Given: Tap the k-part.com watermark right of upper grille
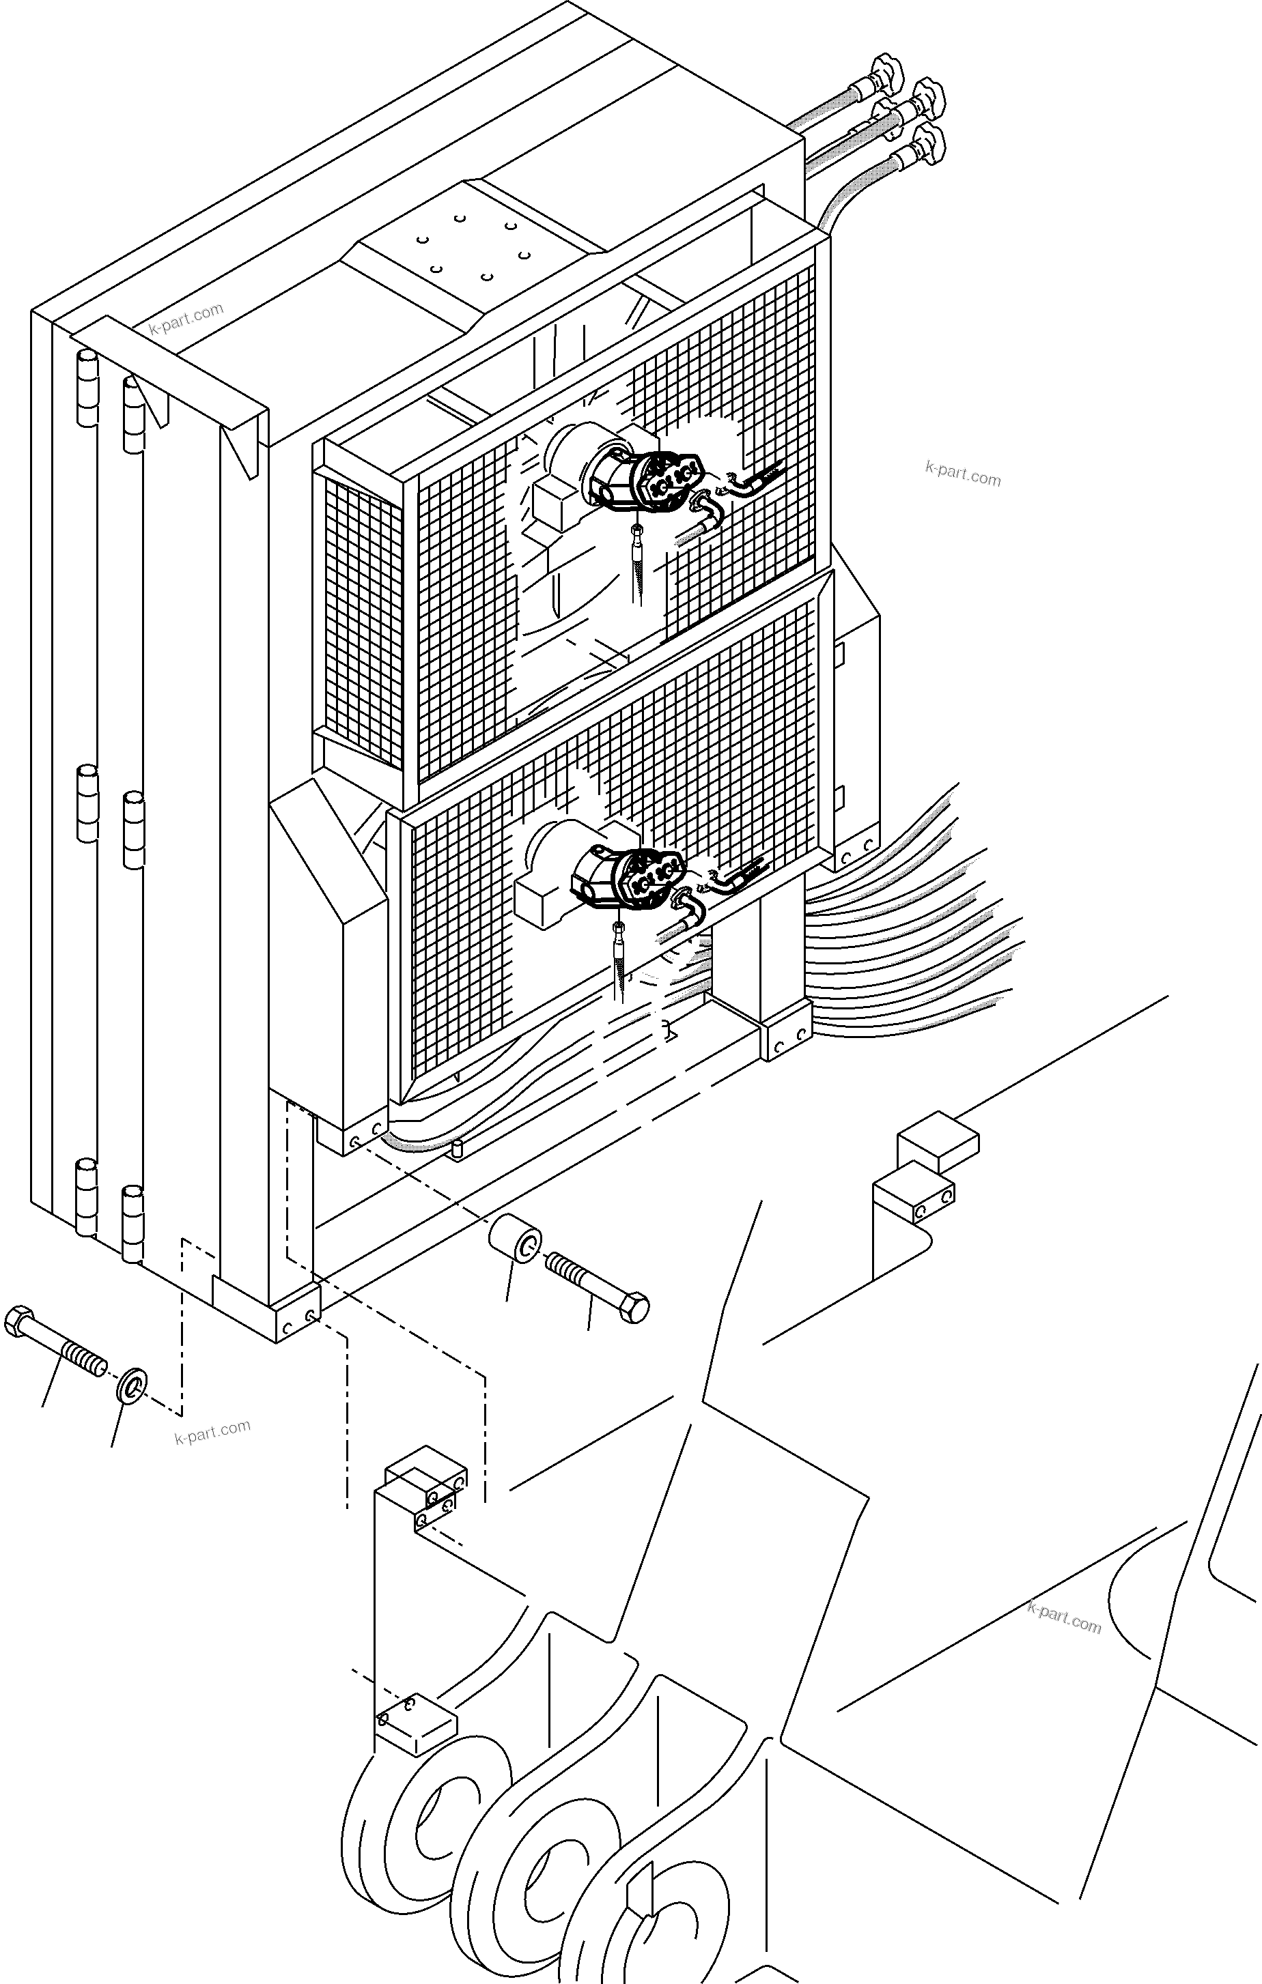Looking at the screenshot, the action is pyautogui.click(x=963, y=474).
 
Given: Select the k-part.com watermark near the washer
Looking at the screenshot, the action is pyautogui.click(x=212, y=1433).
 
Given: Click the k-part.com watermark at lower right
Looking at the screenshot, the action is pyautogui.click(x=1064, y=1617).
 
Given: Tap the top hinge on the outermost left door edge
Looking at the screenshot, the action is pyautogui.click(x=87, y=387).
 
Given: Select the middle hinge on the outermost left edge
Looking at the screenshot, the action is pyautogui.click(x=87, y=803).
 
